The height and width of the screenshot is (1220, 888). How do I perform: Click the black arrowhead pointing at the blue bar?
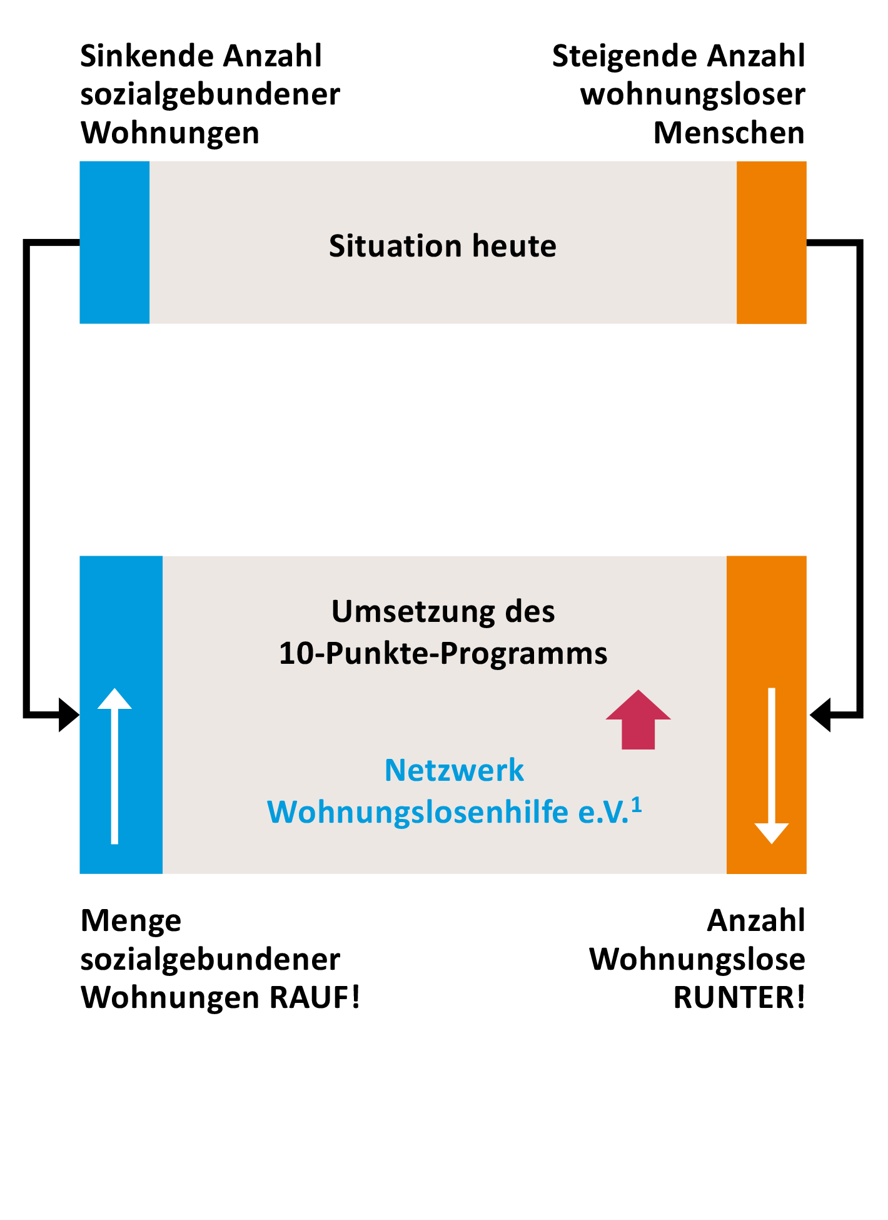tap(69, 714)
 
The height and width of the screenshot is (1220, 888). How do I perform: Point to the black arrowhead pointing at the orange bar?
tap(820, 714)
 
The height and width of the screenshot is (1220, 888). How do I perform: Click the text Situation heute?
tap(443, 246)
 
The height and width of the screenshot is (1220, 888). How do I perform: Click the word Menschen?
tap(729, 133)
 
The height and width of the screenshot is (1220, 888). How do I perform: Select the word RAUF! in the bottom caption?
tap(315, 997)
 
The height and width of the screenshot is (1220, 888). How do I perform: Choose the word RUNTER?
tap(739, 997)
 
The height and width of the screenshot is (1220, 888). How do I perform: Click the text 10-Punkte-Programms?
tap(443, 653)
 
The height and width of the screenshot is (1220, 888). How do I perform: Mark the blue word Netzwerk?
tap(454, 770)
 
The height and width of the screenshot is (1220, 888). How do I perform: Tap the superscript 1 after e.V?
tap(637, 805)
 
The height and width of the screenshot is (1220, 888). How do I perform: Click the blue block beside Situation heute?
tap(114, 242)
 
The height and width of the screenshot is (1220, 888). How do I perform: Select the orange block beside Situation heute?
tap(771, 242)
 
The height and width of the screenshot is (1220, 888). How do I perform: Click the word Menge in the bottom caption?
tap(131, 921)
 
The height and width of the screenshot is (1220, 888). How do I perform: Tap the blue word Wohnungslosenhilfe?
tap(418, 812)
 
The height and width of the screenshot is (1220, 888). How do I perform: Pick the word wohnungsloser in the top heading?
tap(692, 94)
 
